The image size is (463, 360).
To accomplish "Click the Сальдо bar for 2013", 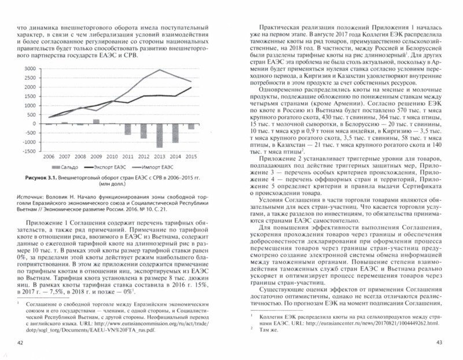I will tap(158, 134).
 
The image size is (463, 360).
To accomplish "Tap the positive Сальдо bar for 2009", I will tap(96, 122).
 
